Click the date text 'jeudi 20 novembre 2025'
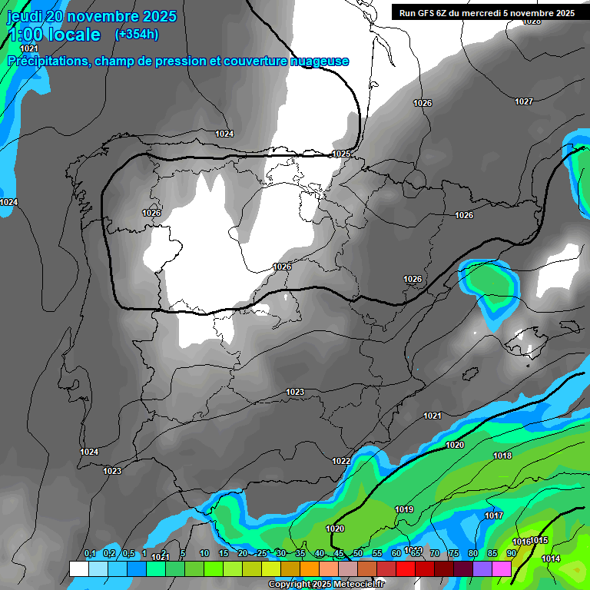[x=92, y=16]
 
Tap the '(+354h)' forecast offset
[x=137, y=34]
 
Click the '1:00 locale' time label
[x=54, y=35]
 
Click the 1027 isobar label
[x=524, y=101]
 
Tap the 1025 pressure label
[x=342, y=154]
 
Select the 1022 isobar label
[x=342, y=461]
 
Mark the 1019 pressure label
[x=404, y=509]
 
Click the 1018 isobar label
[x=502, y=456]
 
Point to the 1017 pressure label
[x=494, y=515]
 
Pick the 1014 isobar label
[x=551, y=559]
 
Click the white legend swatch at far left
[x=78, y=568]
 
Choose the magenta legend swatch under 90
[x=502, y=568]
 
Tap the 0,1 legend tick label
[x=89, y=554]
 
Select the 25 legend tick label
[x=262, y=554]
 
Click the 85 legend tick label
[x=492, y=554]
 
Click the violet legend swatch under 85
[x=482, y=568]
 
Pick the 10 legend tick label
[x=204, y=554]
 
